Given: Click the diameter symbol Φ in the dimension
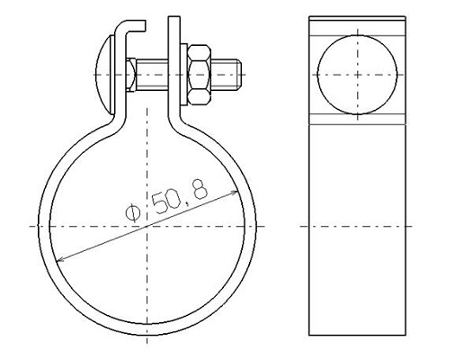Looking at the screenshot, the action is [x=133, y=212].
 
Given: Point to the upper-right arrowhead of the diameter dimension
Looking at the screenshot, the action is [x=235, y=192].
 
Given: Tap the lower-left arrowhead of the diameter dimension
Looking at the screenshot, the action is [x=60, y=259].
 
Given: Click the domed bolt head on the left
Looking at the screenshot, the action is [x=105, y=75].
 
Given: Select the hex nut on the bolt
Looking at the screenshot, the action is [x=199, y=75].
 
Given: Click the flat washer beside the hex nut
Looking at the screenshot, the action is [x=183, y=75].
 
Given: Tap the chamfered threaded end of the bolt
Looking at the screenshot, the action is [x=239, y=75].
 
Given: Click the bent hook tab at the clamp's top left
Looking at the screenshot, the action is [x=130, y=28].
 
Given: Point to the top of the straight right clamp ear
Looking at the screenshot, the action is [x=174, y=17].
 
